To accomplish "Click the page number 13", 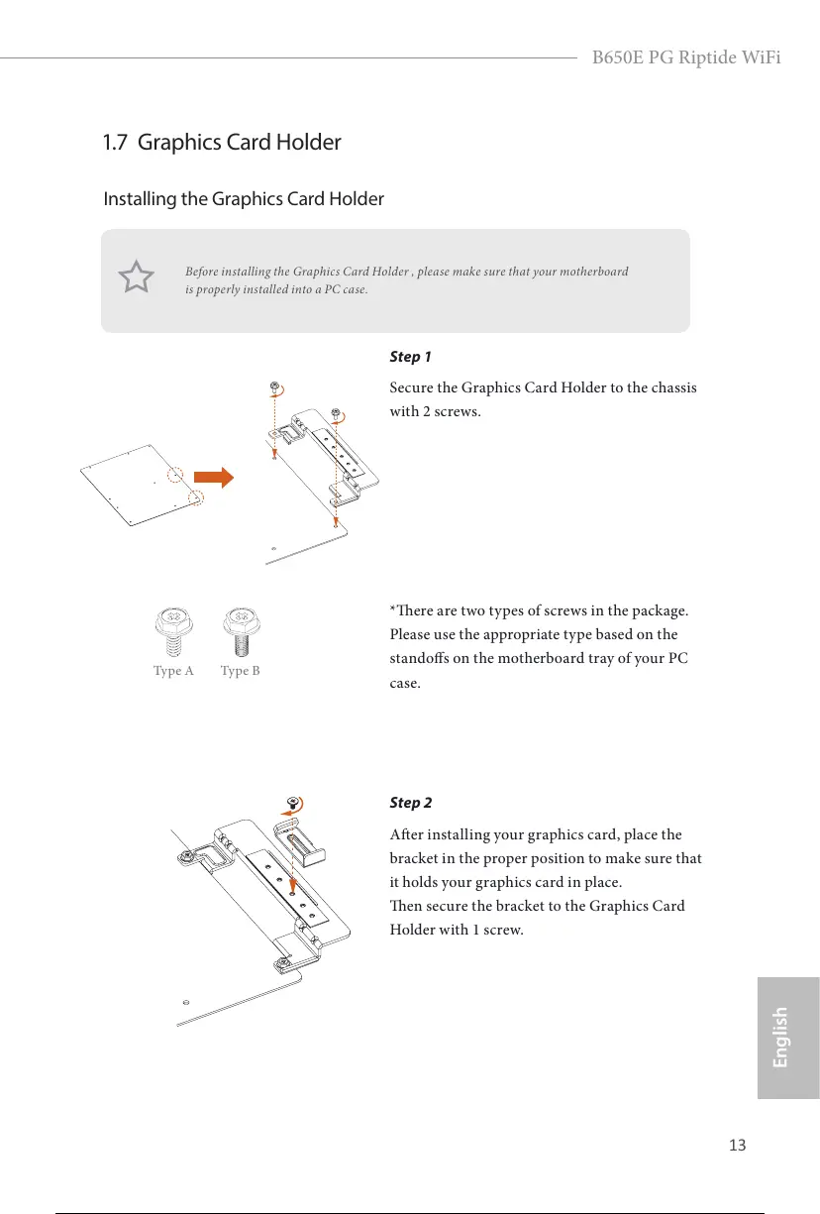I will [x=736, y=1146].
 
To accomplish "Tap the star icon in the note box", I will [x=137, y=277].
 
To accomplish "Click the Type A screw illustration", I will [x=174, y=629].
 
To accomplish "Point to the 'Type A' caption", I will [x=173, y=671].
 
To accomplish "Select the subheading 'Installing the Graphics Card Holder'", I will [x=244, y=199].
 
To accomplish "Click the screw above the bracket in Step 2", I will [x=293, y=801].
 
